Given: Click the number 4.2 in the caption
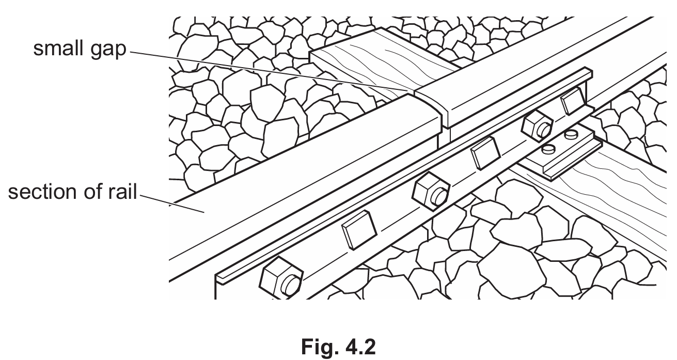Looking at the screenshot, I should click(x=357, y=347).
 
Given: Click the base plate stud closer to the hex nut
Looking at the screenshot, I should click(x=547, y=149).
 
